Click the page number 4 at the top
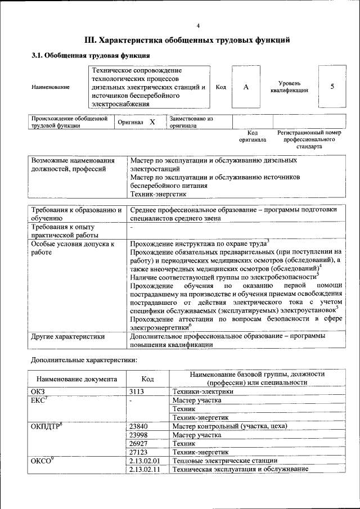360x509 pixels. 198,26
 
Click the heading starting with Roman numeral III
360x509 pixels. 187,40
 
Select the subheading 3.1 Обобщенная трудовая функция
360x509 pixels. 91,56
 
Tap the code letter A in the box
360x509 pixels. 246,87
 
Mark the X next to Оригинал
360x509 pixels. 151,122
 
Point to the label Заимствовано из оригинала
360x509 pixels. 191,123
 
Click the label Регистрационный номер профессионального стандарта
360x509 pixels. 309,139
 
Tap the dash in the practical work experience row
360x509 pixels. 131,228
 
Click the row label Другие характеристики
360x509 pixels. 68,337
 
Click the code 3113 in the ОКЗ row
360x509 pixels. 138,391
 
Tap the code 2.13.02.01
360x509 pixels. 145,461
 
